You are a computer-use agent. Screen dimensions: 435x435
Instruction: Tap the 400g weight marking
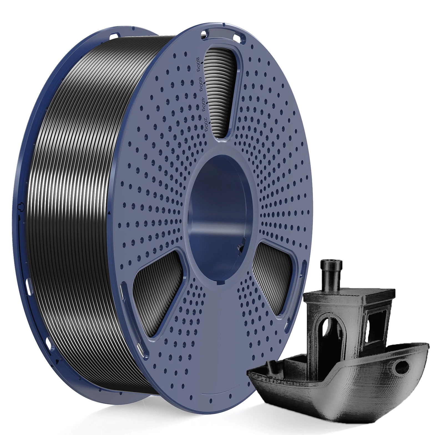coord(203,104)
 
